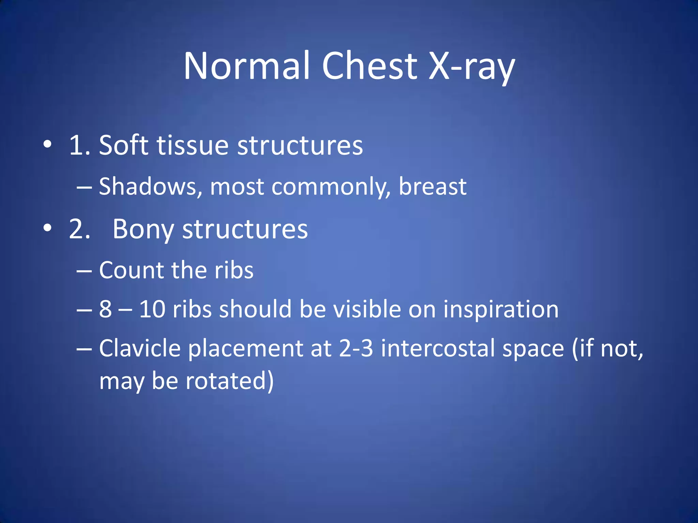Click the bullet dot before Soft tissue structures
[x=48, y=145]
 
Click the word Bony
[x=143, y=229]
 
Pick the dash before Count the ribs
[x=84, y=271]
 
